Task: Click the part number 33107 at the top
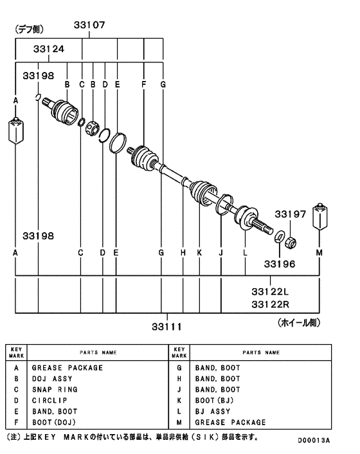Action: [x=89, y=25]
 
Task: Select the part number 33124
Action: [x=48, y=50]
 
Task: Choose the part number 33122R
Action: [x=271, y=304]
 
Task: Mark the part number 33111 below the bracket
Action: [x=166, y=327]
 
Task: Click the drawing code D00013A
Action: [x=313, y=441]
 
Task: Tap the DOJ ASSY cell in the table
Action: [x=52, y=379]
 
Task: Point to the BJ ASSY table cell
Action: [x=213, y=412]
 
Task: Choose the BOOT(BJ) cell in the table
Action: [x=215, y=401]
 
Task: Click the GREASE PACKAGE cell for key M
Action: [x=230, y=422]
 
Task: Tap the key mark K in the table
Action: [x=179, y=401]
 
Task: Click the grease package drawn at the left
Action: [x=15, y=131]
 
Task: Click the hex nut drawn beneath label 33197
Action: [x=290, y=242]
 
